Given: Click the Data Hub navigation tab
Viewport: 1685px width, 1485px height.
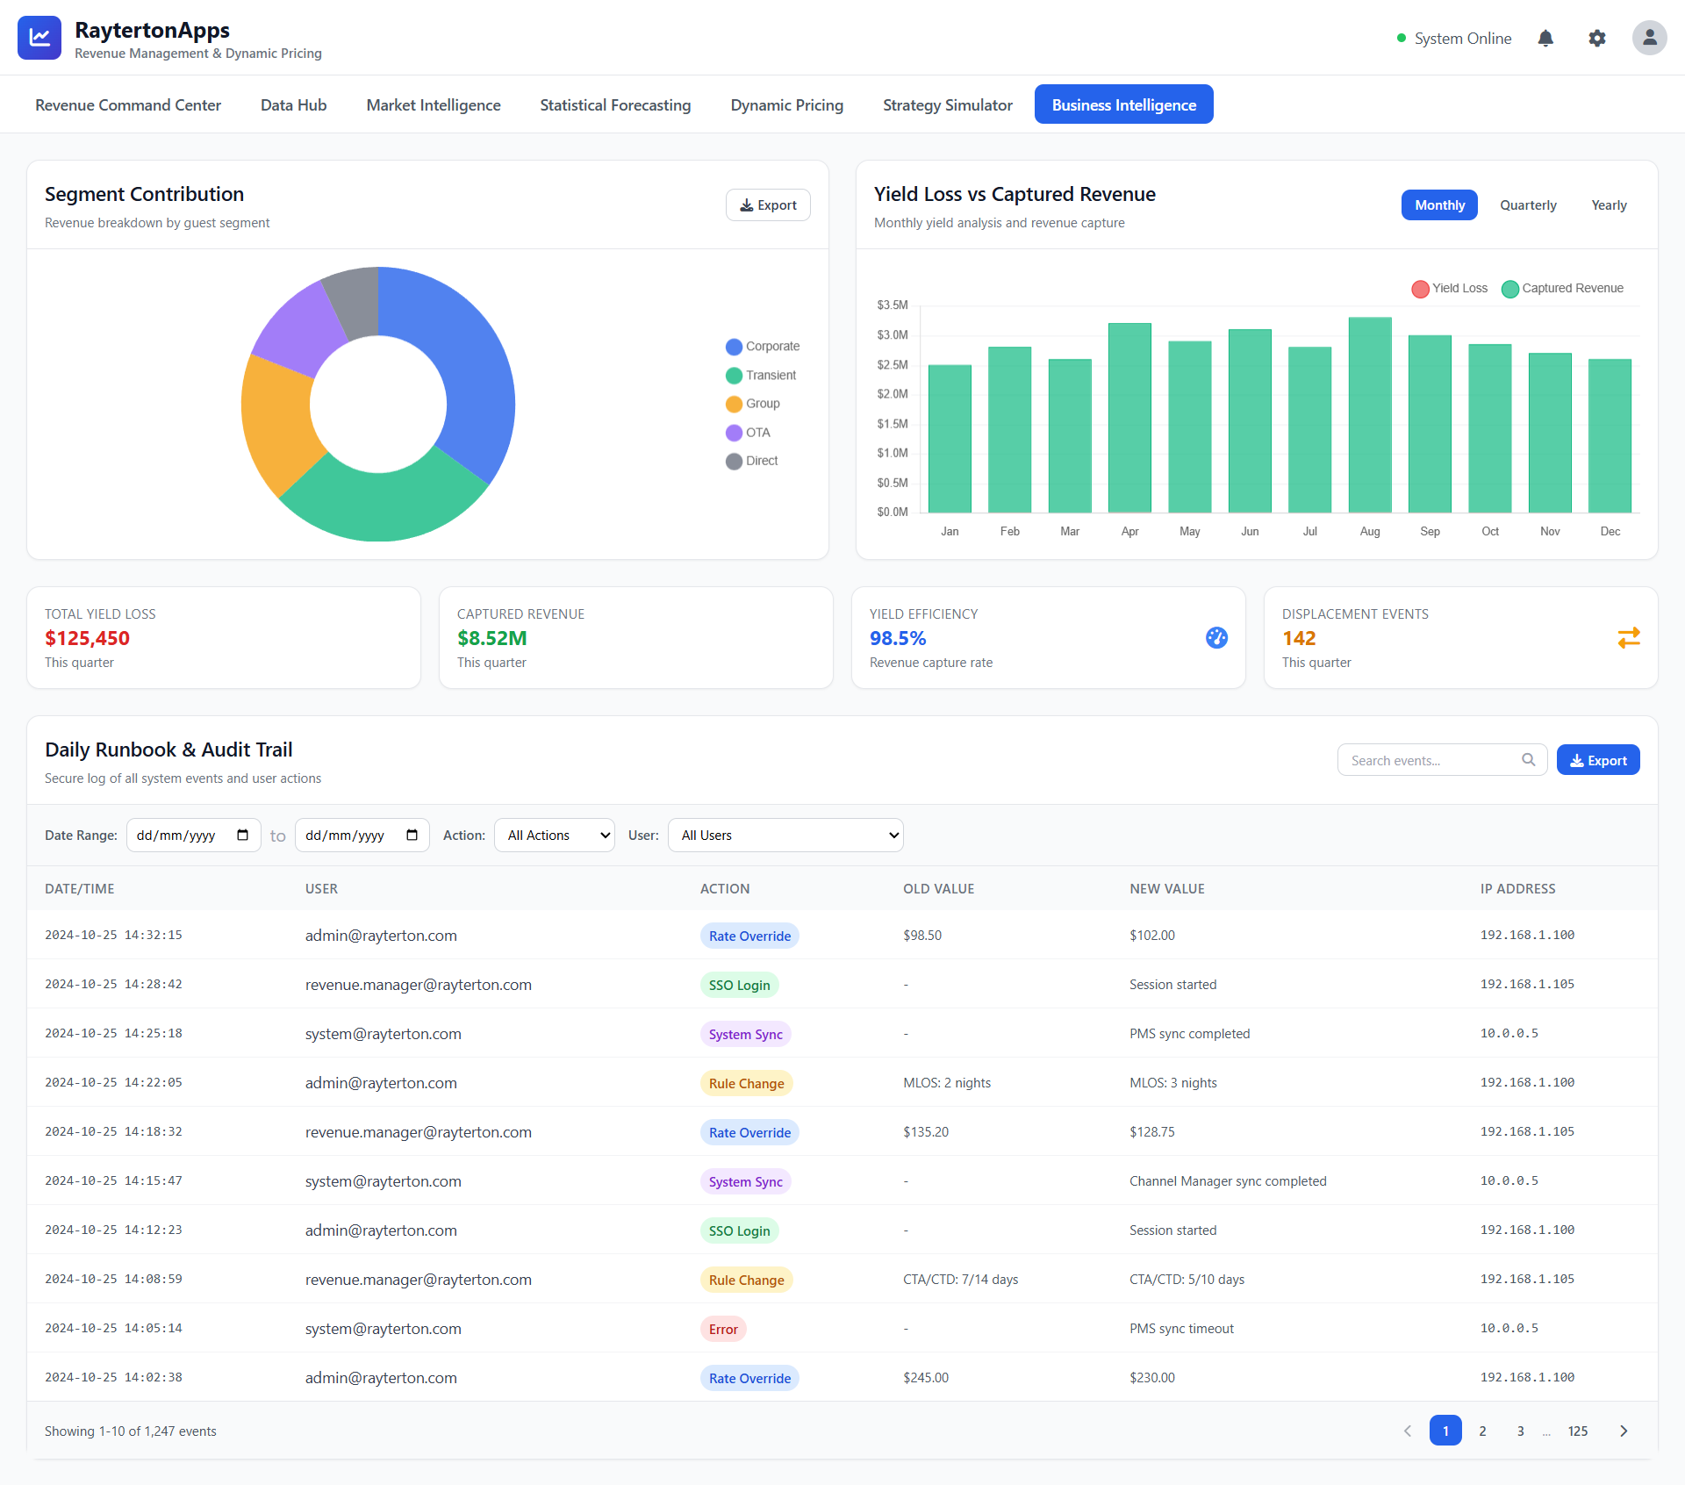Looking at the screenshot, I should coord(293,105).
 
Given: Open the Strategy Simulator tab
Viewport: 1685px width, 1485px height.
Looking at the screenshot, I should coord(947,105).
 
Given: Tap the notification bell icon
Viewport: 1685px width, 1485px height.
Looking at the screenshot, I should coord(1545,39).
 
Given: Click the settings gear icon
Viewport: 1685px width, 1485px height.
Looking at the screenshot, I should coord(1597,39).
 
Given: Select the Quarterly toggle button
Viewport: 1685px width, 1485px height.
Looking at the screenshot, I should coord(1528,205).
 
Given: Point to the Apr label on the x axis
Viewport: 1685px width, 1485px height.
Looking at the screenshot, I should coord(1129,532).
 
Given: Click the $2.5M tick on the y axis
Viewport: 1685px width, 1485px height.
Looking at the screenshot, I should coord(893,364).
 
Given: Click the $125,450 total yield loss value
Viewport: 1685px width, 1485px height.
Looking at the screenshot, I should coord(88,638).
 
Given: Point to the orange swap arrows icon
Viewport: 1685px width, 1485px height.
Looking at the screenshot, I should coord(1629,638).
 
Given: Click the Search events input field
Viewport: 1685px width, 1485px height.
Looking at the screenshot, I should coord(1432,760).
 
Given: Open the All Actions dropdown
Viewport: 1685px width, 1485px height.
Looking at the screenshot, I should coord(555,836).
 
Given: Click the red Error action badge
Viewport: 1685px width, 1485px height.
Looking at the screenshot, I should coord(723,1329).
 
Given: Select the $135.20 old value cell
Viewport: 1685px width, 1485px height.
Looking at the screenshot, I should coord(926,1132).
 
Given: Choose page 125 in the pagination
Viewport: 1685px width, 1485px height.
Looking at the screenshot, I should coord(1578,1431).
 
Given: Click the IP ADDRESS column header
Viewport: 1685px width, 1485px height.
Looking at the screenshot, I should coord(1517,889).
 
